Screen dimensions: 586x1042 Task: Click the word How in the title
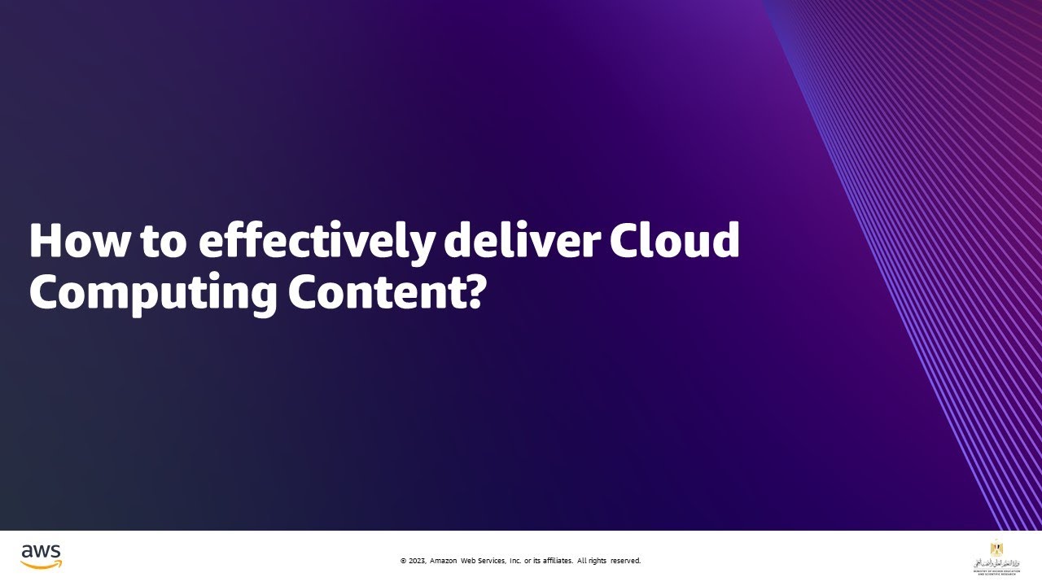click(x=69, y=241)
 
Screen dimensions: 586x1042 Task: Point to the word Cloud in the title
click(x=676, y=241)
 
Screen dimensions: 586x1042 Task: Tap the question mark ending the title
click(x=474, y=291)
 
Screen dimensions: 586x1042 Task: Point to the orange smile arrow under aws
click(x=42, y=565)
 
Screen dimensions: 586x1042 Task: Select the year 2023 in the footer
click(x=416, y=561)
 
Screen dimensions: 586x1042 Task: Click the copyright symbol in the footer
click(x=403, y=561)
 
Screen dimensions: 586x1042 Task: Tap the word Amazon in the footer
click(x=443, y=561)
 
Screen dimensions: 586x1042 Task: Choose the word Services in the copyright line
click(x=490, y=561)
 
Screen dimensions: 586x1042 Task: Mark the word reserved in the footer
click(x=625, y=561)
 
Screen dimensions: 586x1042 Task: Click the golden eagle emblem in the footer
click(x=996, y=548)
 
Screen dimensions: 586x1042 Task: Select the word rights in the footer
click(x=596, y=561)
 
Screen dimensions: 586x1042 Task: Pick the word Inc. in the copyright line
click(x=515, y=561)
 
